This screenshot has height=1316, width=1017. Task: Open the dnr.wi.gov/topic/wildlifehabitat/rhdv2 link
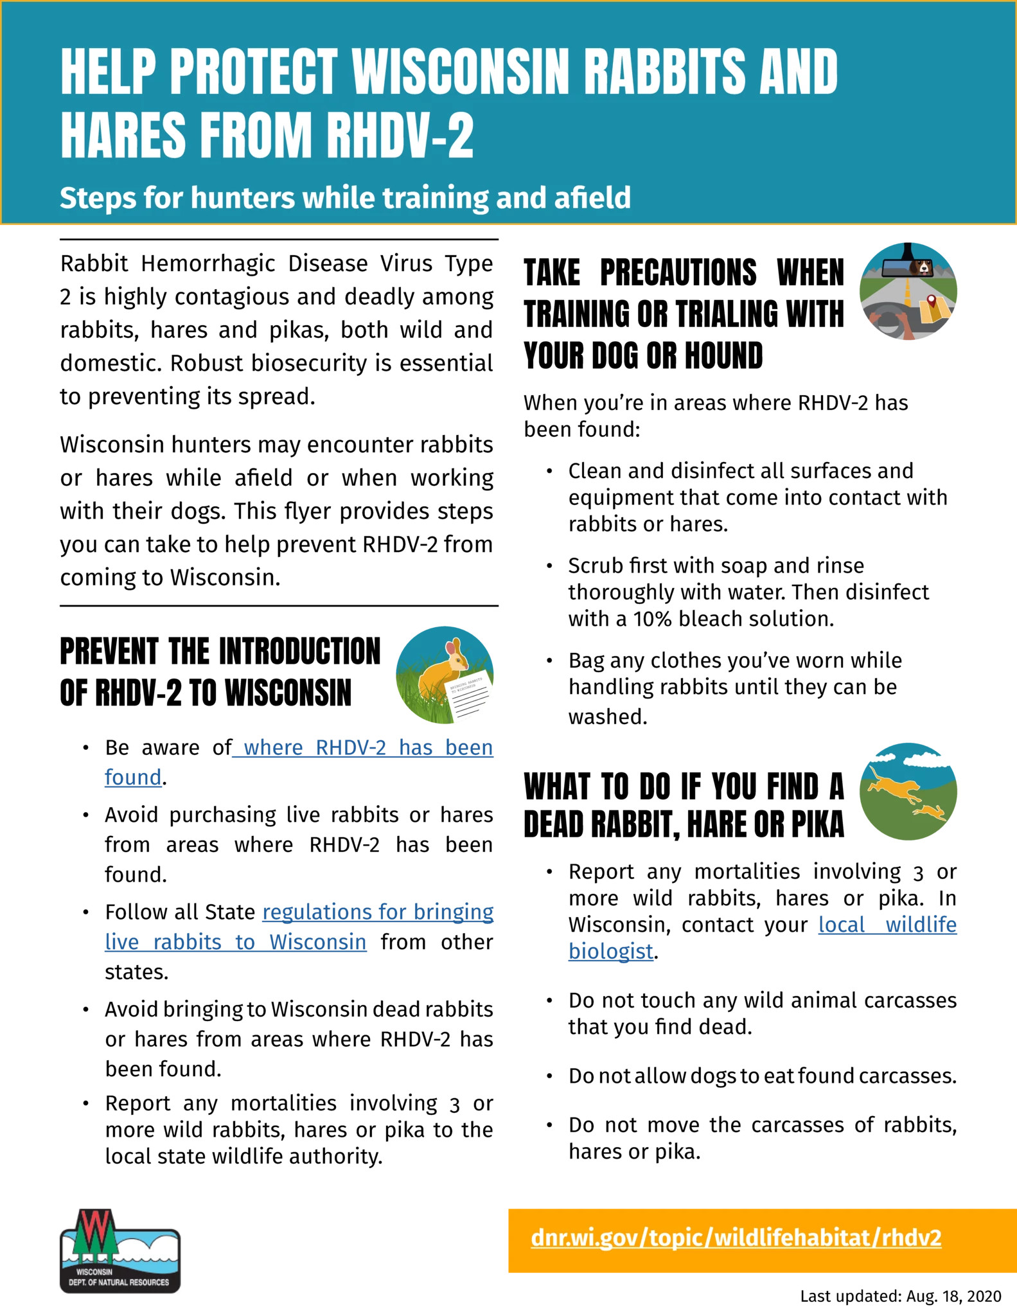736,1238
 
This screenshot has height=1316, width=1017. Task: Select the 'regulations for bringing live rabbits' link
378,912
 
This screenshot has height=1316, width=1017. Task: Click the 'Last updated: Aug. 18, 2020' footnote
900,1296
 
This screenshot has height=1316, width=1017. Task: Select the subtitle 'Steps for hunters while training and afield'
345,197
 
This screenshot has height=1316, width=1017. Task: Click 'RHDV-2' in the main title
400,135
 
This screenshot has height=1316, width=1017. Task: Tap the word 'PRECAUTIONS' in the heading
678,272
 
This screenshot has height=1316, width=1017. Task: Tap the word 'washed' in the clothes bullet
607,716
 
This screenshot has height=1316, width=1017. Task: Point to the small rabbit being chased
930,813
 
